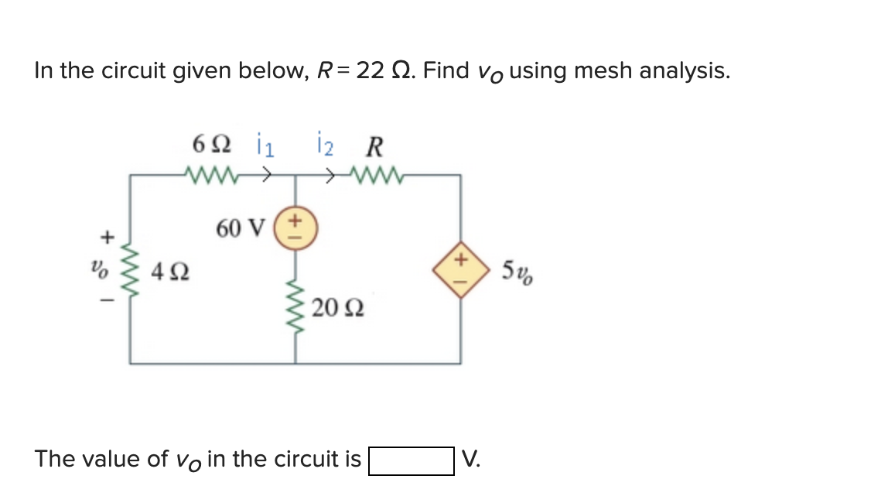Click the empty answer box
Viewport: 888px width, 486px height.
pos(411,460)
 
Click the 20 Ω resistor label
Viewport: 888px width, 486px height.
pos(334,311)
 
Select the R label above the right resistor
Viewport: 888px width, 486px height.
pos(375,145)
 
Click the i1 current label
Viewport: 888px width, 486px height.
pos(261,145)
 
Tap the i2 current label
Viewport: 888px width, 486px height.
pos(327,145)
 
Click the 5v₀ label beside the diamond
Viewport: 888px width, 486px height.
pos(516,273)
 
